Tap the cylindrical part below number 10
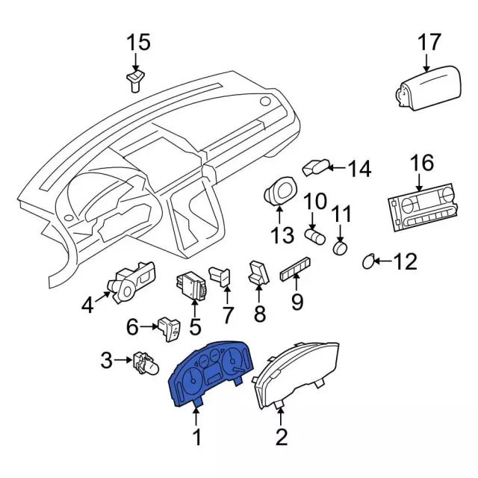point(317,238)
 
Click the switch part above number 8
point(258,273)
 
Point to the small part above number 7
point(221,274)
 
